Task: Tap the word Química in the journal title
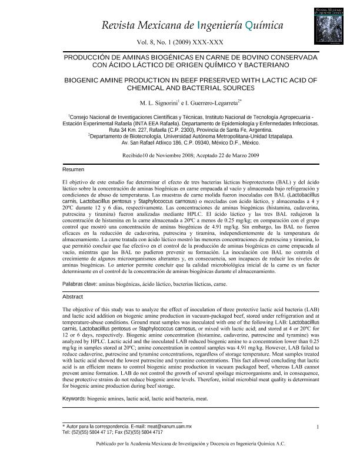click(x=264, y=25)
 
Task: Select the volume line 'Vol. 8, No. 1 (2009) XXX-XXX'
click(x=179, y=42)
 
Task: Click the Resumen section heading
click(x=73, y=169)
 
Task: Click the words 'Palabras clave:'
click(x=80, y=284)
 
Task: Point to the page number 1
click(x=316, y=427)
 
